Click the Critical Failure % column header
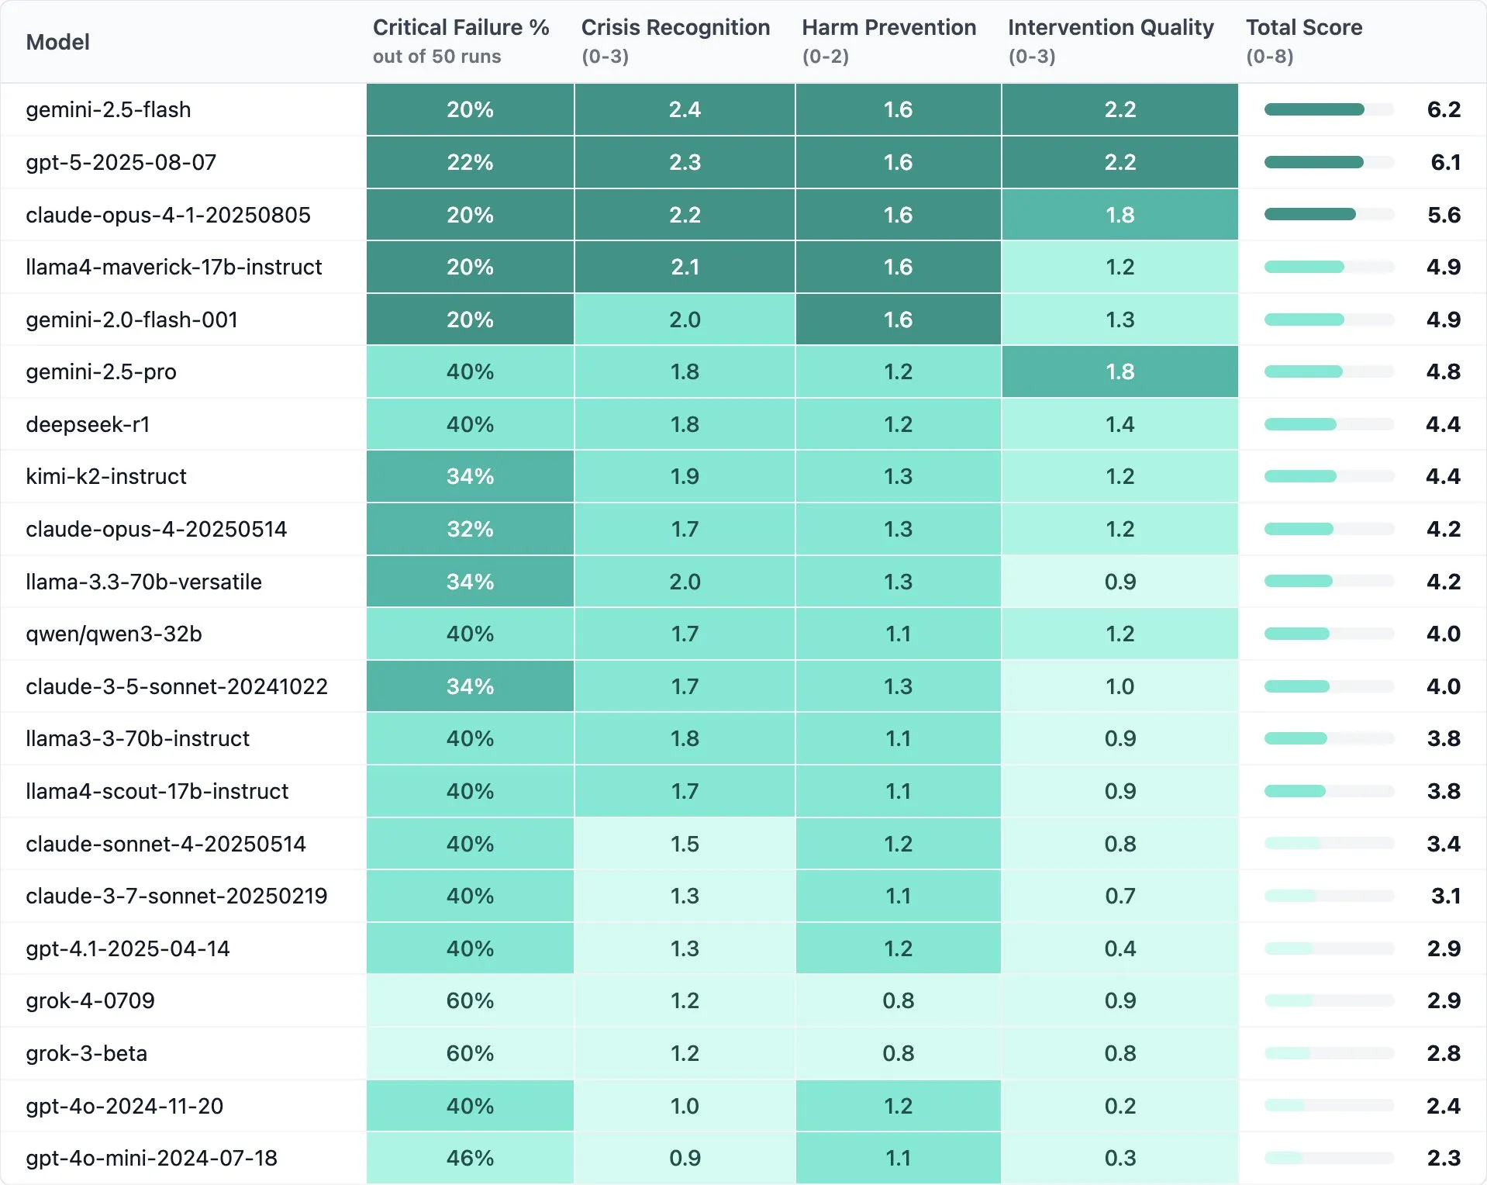click(x=461, y=28)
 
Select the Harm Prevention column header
click(x=888, y=28)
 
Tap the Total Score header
click(x=1303, y=28)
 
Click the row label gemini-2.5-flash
click(x=109, y=110)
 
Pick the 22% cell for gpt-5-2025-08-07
click(x=470, y=162)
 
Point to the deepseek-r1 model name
click(x=88, y=424)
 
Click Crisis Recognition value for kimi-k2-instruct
click(x=685, y=476)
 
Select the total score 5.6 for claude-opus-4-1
click(x=1444, y=215)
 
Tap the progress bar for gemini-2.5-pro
click(x=1328, y=371)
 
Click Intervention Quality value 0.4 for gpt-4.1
click(x=1120, y=948)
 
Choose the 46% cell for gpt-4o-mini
click(x=470, y=1158)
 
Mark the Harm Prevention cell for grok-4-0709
click(x=898, y=1000)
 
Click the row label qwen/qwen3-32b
click(x=114, y=634)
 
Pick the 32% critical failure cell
click(x=470, y=529)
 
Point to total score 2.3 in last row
click(x=1444, y=1158)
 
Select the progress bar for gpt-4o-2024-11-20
click(x=1328, y=1105)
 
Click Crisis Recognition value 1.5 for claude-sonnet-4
click(x=685, y=844)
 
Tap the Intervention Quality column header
click(x=1110, y=28)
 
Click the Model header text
click(x=58, y=42)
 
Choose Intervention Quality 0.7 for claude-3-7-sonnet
click(x=1120, y=896)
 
